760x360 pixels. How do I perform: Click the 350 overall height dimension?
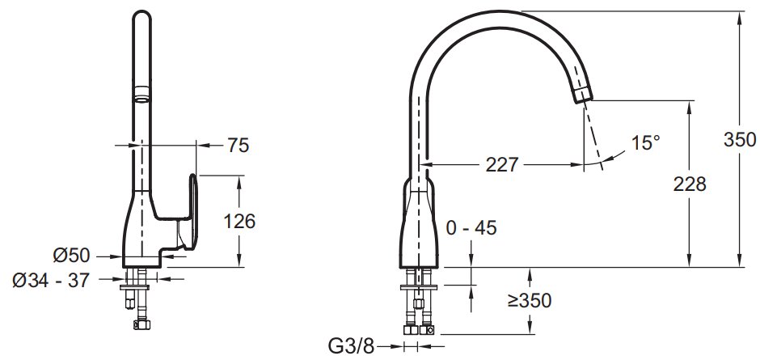point(740,139)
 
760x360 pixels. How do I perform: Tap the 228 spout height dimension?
point(689,184)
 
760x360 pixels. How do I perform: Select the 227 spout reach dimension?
point(502,165)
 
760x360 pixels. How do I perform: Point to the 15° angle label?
point(646,142)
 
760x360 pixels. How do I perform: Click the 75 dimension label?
point(238,145)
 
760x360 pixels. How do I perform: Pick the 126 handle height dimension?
point(239,222)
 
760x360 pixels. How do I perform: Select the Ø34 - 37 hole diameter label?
point(51,280)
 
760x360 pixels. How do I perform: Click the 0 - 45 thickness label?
point(471,227)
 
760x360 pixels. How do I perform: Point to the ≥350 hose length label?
point(530,301)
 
